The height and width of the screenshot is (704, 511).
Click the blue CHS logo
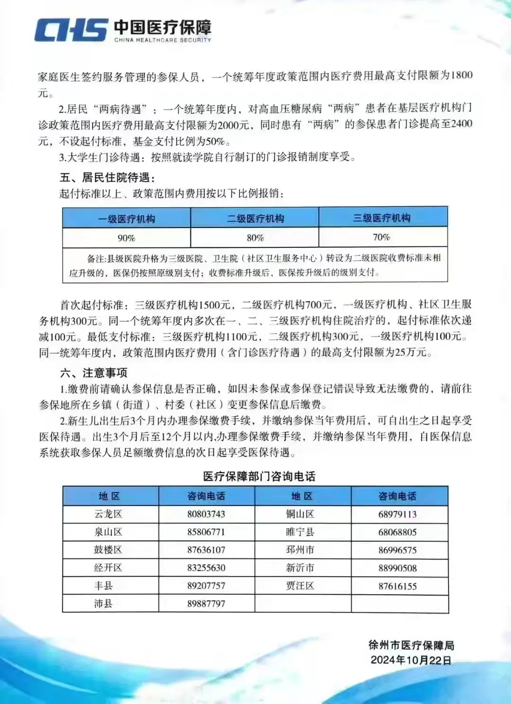(x=71, y=30)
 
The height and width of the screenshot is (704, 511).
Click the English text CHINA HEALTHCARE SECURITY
(x=162, y=40)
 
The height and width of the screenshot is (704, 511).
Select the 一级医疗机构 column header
(x=126, y=219)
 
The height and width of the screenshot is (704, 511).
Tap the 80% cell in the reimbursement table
(x=255, y=238)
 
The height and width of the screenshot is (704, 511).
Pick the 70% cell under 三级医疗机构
(x=381, y=237)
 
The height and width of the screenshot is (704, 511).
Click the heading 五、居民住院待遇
(x=107, y=177)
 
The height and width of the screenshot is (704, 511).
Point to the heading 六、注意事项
(x=94, y=373)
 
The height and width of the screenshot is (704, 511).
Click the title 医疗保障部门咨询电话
(x=259, y=476)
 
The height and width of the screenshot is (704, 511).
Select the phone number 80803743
(x=206, y=514)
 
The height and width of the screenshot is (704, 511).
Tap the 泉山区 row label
(x=108, y=532)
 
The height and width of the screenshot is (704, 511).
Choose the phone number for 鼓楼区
(x=206, y=550)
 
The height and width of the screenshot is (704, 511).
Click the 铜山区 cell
(x=300, y=514)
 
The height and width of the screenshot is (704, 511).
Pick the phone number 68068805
(x=397, y=532)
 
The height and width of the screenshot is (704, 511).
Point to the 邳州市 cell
(x=300, y=550)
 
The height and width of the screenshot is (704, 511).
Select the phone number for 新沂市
(x=397, y=568)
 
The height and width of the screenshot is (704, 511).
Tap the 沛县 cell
(x=103, y=603)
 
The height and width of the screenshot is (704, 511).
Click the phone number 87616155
(x=397, y=586)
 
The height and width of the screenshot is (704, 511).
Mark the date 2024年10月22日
(x=411, y=660)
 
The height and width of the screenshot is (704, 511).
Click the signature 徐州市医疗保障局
(x=411, y=645)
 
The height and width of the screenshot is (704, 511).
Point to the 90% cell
(x=126, y=238)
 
